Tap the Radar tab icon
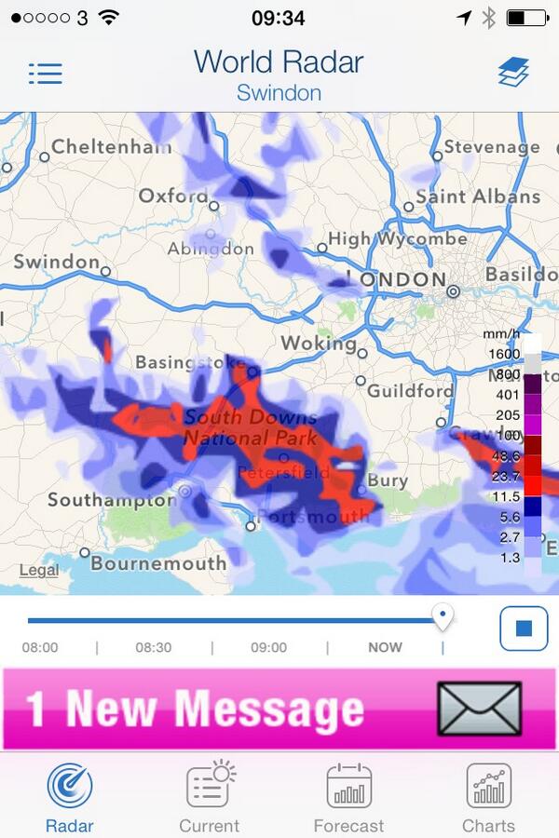click(70, 788)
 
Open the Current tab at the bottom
click(210, 788)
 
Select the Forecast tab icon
click(349, 788)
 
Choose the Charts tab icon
click(488, 788)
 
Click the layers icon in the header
click(512, 73)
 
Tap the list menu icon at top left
click(45, 74)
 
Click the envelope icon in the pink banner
click(479, 709)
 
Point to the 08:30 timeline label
click(154, 647)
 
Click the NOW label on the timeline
click(385, 647)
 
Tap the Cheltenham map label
click(112, 147)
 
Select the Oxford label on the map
click(173, 196)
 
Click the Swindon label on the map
click(56, 263)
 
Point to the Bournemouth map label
click(158, 563)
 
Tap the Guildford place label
click(409, 391)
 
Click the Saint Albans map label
click(477, 196)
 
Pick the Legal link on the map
click(38, 571)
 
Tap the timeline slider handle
click(443, 615)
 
